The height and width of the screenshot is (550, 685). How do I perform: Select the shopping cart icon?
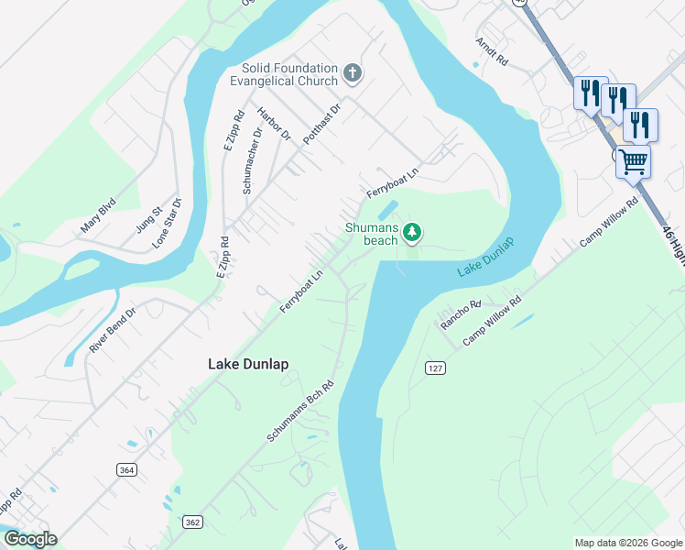click(634, 162)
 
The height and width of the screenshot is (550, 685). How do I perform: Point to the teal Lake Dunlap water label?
click(485, 258)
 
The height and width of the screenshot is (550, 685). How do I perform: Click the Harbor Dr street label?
click(273, 125)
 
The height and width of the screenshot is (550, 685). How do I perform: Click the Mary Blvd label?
click(99, 214)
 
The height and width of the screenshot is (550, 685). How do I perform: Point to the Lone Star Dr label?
click(167, 223)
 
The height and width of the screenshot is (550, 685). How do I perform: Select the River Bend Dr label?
click(113, 330)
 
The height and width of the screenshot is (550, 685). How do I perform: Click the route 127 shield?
click(435, 367)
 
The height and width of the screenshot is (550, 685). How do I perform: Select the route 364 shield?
click(127, 468)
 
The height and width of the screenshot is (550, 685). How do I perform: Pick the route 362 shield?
click(192, 522)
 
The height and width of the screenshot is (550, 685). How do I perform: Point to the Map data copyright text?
click(627, 543)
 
